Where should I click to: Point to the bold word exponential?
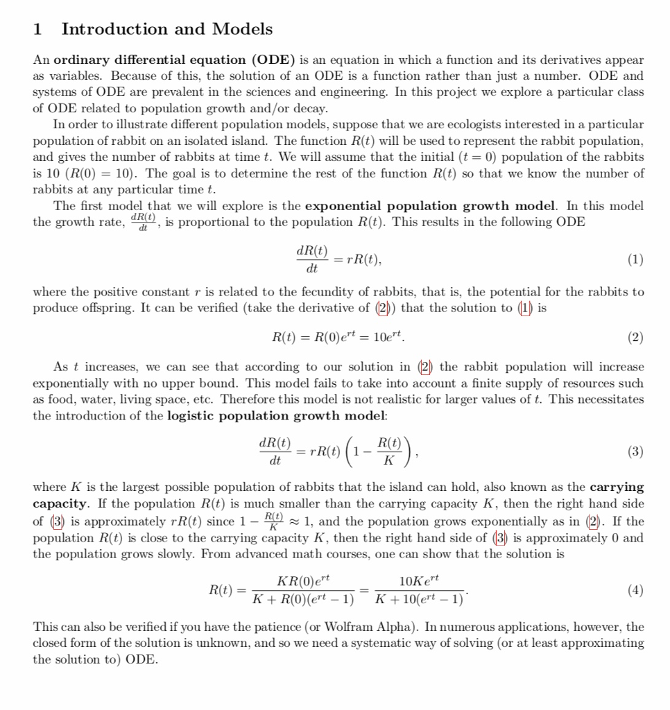[341, 206]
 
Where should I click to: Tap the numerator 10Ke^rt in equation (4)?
[420, 580]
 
